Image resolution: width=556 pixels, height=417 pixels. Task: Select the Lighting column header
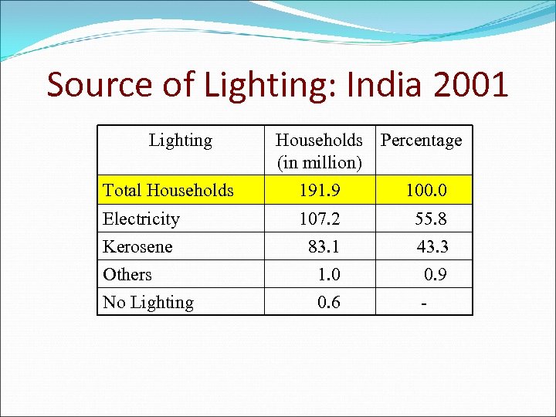180,141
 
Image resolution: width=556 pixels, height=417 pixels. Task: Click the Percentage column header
422,141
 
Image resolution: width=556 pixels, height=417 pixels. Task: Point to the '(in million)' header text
319,163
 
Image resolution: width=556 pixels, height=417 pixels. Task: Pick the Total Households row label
168,190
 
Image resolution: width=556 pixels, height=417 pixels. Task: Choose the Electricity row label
141,219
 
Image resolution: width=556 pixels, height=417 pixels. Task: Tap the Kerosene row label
137,246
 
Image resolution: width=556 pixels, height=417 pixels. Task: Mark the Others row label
127,274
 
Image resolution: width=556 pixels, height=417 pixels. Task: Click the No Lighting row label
148,302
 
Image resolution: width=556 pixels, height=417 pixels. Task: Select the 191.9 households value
320,190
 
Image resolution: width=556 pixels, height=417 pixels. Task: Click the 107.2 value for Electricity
320,219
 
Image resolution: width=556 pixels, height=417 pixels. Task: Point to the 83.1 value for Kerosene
324,246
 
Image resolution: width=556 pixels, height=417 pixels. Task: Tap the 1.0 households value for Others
328,274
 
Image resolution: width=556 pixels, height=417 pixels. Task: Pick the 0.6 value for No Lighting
328,302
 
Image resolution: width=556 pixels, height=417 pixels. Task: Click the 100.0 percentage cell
426,190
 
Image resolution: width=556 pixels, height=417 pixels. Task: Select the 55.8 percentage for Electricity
430,219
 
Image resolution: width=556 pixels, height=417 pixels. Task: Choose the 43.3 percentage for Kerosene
432,246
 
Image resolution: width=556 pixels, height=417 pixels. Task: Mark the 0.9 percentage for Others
436,274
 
